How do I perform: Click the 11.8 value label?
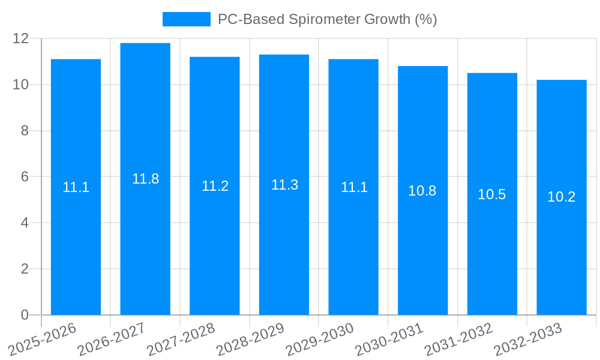pos(145,179)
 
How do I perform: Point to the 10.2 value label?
pos(562,197)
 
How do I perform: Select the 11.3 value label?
pos(284,185)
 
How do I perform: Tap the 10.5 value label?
pos(492,194)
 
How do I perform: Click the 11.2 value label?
pos(215,186)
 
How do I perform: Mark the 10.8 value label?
pos(422,191)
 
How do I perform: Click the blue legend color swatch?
pos(187,19)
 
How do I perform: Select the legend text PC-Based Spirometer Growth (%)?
pos(327,19)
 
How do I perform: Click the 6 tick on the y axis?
pos(25,177)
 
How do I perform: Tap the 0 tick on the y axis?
pos(25,315)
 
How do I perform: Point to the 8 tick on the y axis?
pos(25,131)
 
